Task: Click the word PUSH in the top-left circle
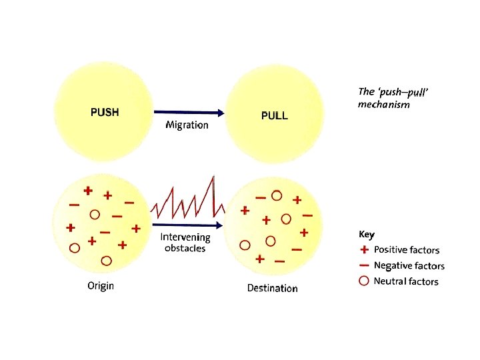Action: (x=105, y=112)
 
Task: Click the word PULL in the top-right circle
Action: (x=274, y=115)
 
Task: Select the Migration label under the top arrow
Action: (x=187, y=125)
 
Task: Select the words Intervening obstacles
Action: (x=185, y=243)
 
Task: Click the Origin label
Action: (x=101, y=286)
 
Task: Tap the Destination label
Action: (x=272, y=288)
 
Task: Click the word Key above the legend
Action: (x=367, y=234)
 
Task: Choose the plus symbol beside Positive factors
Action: (x=365, y=250)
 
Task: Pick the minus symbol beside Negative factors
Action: (x=365, y=265)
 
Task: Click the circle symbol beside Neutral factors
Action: (x=365, y=281)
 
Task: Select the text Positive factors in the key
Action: (x=407, y=250)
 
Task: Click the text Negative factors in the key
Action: (x=409, y=265)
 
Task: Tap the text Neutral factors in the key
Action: (x=406, y=281)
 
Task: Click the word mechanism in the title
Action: (x=383, y=105)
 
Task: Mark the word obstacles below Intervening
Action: (x=185, y=248)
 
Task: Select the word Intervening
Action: (x=185, y=237)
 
